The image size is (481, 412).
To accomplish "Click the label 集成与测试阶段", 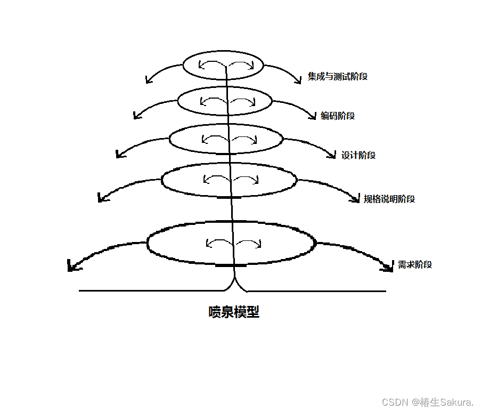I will [338, 77].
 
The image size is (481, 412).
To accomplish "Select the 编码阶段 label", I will [338, 116].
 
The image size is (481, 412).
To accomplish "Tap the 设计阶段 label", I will [358, 156].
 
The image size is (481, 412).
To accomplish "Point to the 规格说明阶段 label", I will [389, 199].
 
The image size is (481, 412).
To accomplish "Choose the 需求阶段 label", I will [415, 264].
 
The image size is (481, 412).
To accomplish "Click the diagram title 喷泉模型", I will [234, 312].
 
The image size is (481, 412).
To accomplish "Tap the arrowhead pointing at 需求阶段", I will [388, 266].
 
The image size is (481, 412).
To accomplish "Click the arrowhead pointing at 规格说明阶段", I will [355, 199].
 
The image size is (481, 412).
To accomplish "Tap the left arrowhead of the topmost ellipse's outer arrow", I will [148, 80].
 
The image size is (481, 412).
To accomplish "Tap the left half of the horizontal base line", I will [149, 291].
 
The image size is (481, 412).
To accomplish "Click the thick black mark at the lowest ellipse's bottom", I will [231, 265].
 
